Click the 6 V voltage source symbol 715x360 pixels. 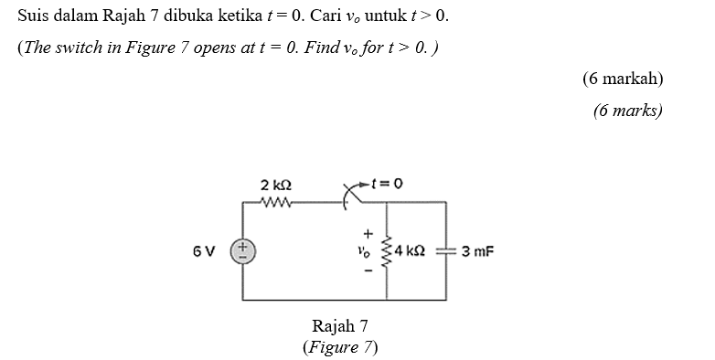click(x=243, y=249)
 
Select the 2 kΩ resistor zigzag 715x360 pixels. click(x=275, y=203)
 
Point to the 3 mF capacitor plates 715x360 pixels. click(x=445, y=249)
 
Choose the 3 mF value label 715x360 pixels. click(x=477, y=249)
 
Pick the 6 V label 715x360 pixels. click(x=205, y=249)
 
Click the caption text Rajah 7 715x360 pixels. click(x=339, y=326)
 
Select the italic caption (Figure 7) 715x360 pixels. click(x=339, y=347)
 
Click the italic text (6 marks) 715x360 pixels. click(x=626, y=111)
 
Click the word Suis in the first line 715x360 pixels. click(x=33, y=16)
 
